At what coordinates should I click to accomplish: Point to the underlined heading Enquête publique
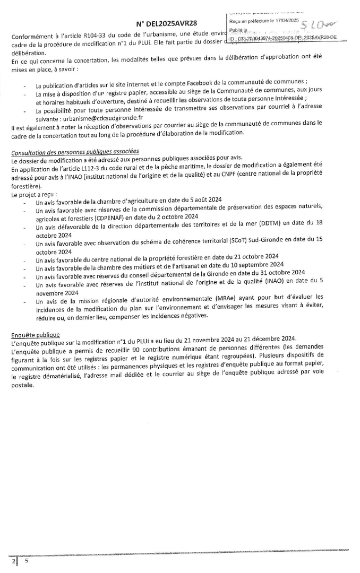[x=36, y=334]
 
